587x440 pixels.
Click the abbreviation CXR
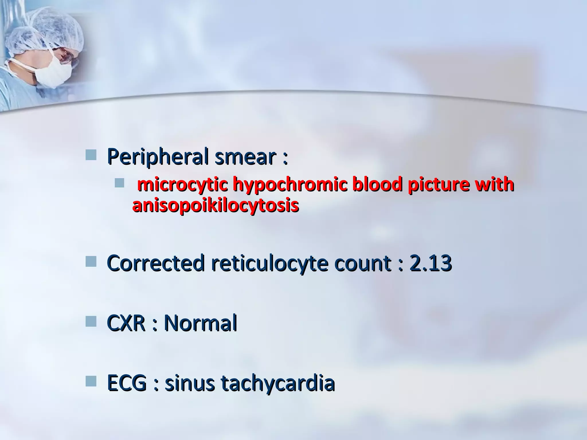click(x=126, y=323)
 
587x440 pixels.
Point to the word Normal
click(x=200, y=323)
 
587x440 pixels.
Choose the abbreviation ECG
click(x=126, y=383)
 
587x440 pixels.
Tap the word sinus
click(x=189, y=383)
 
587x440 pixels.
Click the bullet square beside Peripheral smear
click(x=91, y=155)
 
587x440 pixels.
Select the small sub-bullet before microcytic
click(x=119, y=183)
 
